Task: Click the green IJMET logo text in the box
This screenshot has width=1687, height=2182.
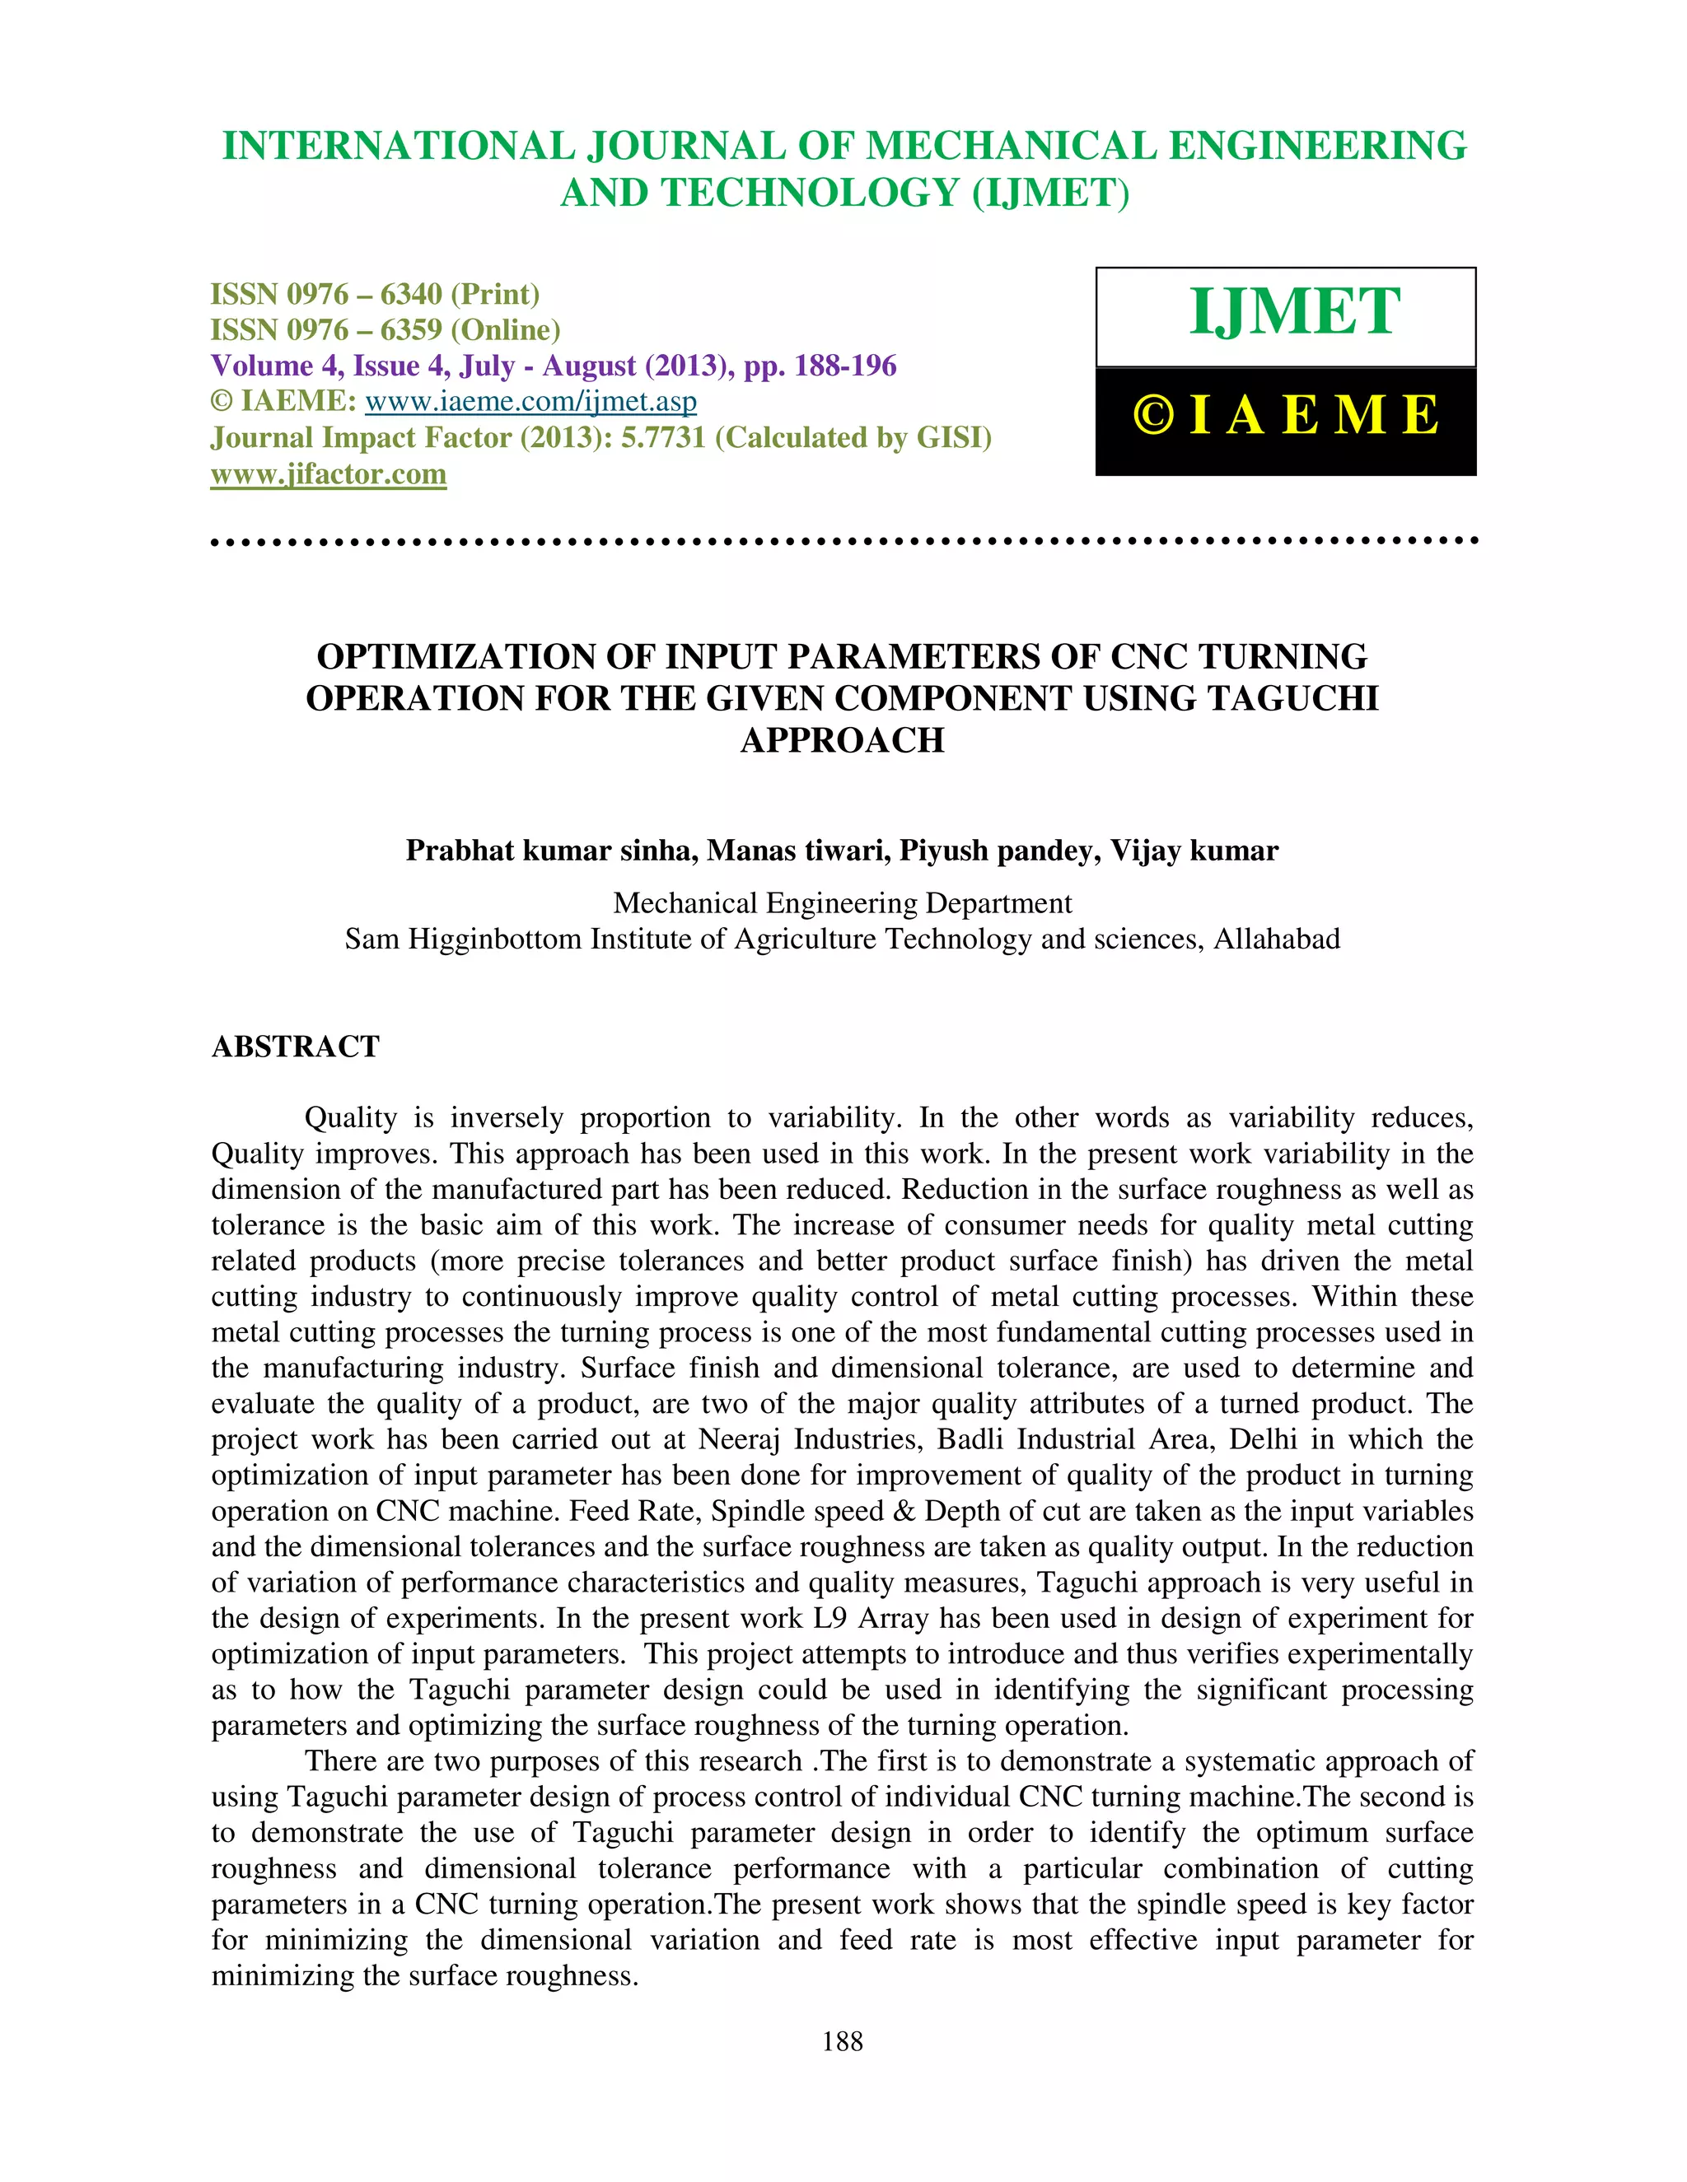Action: point(1294,312)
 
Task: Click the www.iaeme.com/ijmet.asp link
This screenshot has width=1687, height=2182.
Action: point(530,402)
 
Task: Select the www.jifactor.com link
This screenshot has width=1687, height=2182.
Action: point(328,473)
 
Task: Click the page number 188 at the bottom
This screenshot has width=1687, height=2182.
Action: point(842,2041)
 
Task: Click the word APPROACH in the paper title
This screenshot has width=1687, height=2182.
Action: point(842,740)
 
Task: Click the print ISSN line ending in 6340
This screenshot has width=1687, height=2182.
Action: point(375,294)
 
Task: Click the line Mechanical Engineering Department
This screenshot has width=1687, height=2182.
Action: point(842,903)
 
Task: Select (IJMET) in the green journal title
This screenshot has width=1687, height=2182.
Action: point(1050,193)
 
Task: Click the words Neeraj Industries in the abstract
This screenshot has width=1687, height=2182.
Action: point(788,1439)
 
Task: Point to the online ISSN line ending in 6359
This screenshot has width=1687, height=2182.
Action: point(385,329)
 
